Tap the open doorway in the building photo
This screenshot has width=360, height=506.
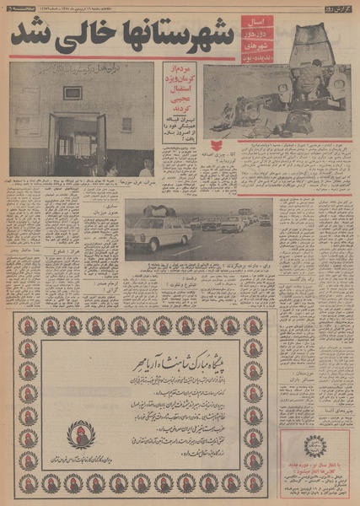(75, 144)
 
